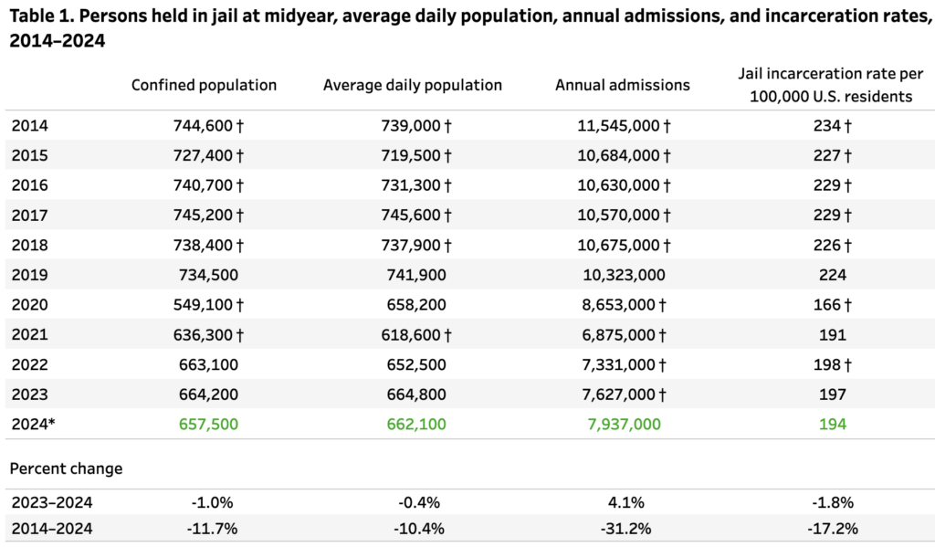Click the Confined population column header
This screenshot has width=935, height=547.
point(204,85)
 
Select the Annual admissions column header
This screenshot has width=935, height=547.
point(623,85)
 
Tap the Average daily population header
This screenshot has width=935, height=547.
point(413,85)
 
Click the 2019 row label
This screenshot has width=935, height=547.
point(29,274)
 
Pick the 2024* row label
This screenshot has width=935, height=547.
point(33,424)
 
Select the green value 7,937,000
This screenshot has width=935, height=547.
point(623,424)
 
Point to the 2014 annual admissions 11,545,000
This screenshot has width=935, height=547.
point(619,125)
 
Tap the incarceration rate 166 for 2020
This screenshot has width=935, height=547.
point(826,304)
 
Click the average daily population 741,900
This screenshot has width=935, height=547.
point(413,274)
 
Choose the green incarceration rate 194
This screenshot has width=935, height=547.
point(832,424)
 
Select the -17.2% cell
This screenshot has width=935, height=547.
point(832,528)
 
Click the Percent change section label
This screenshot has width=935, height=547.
point(66,468)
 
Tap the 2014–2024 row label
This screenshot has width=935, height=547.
point(52,528)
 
